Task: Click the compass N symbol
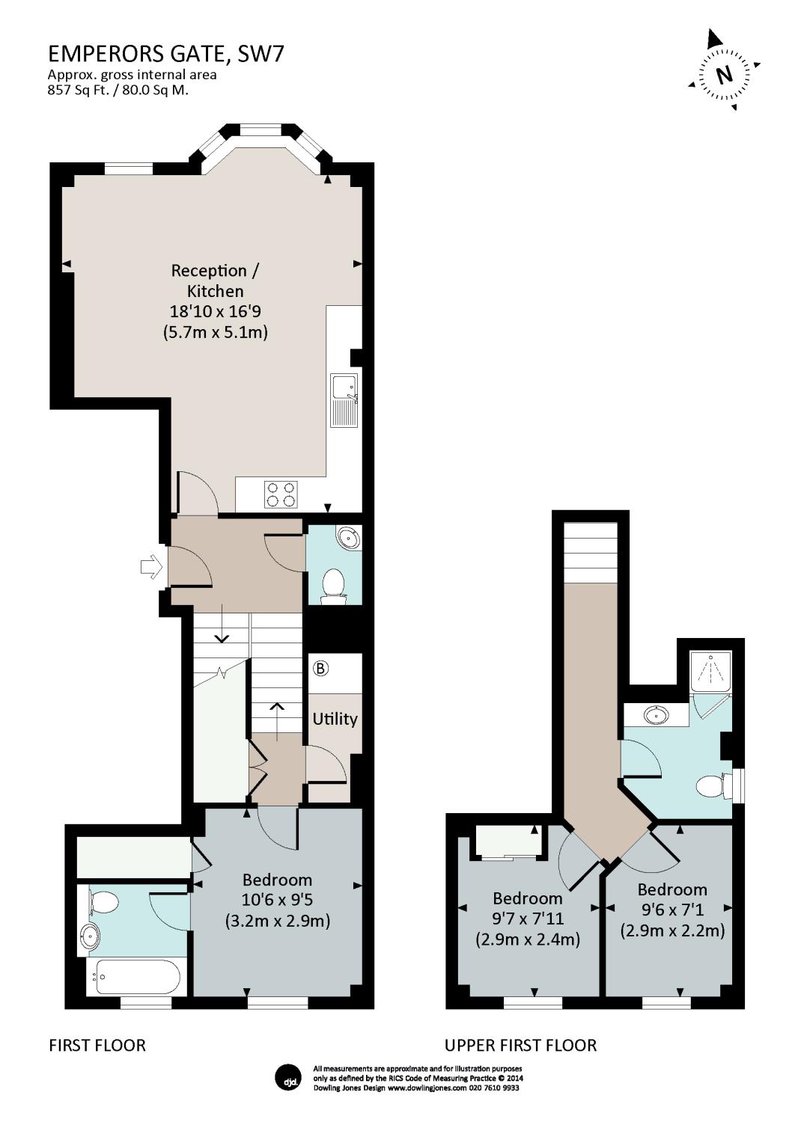pos(723,75)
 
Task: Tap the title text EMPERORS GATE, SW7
pos(166,54)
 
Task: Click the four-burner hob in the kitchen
pos(281,494)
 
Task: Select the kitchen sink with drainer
pos(344,400)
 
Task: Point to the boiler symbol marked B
pos(320,668)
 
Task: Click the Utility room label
pos(335,720)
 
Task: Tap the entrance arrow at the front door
pos(151,567)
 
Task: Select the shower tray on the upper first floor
pos(710,671)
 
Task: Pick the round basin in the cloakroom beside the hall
pos(348,538)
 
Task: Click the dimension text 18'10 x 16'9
pos(216,312)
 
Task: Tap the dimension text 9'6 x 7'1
pos(673,909)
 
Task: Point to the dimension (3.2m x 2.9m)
pos(277,920)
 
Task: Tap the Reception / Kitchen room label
pos(216,280)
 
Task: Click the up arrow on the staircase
pos(277,722)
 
